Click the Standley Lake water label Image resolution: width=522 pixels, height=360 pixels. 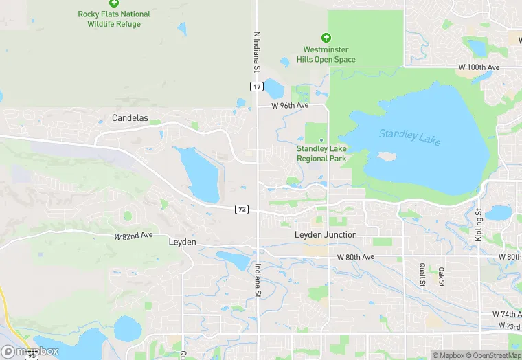[x=410, y=136]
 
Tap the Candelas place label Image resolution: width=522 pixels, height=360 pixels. [x=130, y=118]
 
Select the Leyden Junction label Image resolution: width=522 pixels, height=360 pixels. [x=326, y=235]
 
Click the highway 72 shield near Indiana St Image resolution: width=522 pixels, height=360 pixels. [x=241, y=209]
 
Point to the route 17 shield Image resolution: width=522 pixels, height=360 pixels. [x=256, y=86]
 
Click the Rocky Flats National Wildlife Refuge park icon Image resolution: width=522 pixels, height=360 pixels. [x=114, y=3]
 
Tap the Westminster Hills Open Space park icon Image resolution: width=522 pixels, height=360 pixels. [x=326, y=38]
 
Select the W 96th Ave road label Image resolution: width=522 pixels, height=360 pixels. [x=290, y=106]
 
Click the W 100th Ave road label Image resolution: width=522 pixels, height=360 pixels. [x=479, y=67]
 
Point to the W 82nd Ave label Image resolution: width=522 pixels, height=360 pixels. [x=133, y=236]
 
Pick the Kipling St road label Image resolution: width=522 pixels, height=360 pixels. [x=479, y=225]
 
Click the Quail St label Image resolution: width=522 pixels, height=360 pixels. [x=422, y=274]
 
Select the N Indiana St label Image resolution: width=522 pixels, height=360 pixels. [x=257, y=52]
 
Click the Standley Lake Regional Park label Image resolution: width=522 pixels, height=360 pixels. [x=321, y=153]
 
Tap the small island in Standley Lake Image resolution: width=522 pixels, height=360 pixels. [x=387, y=156]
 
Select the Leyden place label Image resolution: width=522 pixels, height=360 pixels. [x=183, y=243]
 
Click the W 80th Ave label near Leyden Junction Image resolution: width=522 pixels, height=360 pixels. [x=355, y=257]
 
